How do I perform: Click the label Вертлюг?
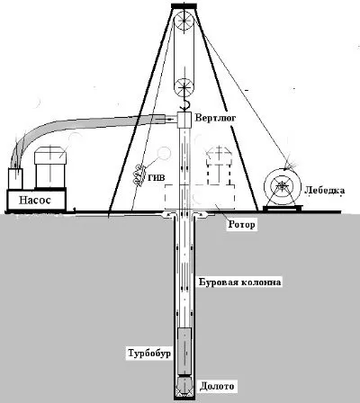(x=215, y=117)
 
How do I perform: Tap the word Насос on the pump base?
(x=35, y=200)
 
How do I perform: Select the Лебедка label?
(x=325, y=190)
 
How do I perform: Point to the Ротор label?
(x=241, y=224)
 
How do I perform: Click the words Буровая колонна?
(x=240, y=282)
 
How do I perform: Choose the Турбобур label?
(x=149, y=353)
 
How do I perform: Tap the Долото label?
(x=217, y=386)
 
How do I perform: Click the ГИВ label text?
(x=157, y=177)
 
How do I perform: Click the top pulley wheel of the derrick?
(x=184, y=21)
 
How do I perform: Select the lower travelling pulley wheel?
(x=184, y=87)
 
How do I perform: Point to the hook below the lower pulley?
(x=185, y=105)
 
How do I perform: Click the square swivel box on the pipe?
(x=184, y=120)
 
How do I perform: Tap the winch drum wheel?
(x=282, y=185)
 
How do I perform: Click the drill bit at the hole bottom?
(x=184, y=386)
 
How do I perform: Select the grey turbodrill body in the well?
(x=184, y=351)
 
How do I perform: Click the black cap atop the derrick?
(x=184, y=5)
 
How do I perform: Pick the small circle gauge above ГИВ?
(x=164, y=153)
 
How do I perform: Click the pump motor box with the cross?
(x=50, y=166)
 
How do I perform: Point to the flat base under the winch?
(x=283, y=207)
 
